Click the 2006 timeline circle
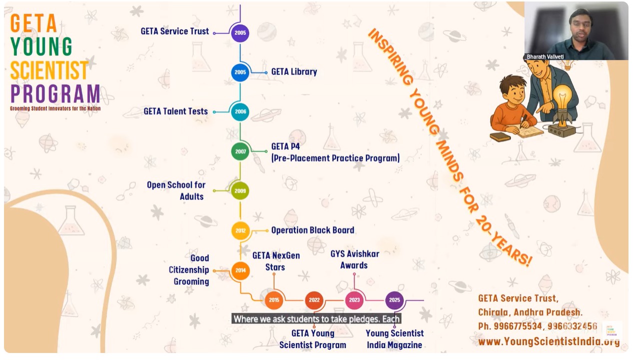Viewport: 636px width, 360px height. (x=240, y=111)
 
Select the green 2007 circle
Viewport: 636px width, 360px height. (x=240, y=151)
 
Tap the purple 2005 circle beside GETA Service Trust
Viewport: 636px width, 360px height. (x=240, y=33)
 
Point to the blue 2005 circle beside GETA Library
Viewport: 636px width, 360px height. (x=240, y=72)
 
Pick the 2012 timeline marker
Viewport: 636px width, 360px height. (x=240, y=230)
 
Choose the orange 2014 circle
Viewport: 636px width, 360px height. (x=240, y=270)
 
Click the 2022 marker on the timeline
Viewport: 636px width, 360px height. (x=314, y=300)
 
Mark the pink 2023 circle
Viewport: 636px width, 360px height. (x=354, y=300)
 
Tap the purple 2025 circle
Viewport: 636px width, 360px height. (x=394, y=300)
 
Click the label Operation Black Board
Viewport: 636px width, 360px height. (x=312, y=230)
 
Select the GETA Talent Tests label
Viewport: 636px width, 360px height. (x=175, y=111)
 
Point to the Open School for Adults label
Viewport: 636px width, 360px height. (x=176, y=190)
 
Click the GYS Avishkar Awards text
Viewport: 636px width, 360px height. (x=354, y=259)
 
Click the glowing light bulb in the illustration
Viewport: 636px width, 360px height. (x=562, y=96)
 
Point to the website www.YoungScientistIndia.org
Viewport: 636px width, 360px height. (x=548, y=341)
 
